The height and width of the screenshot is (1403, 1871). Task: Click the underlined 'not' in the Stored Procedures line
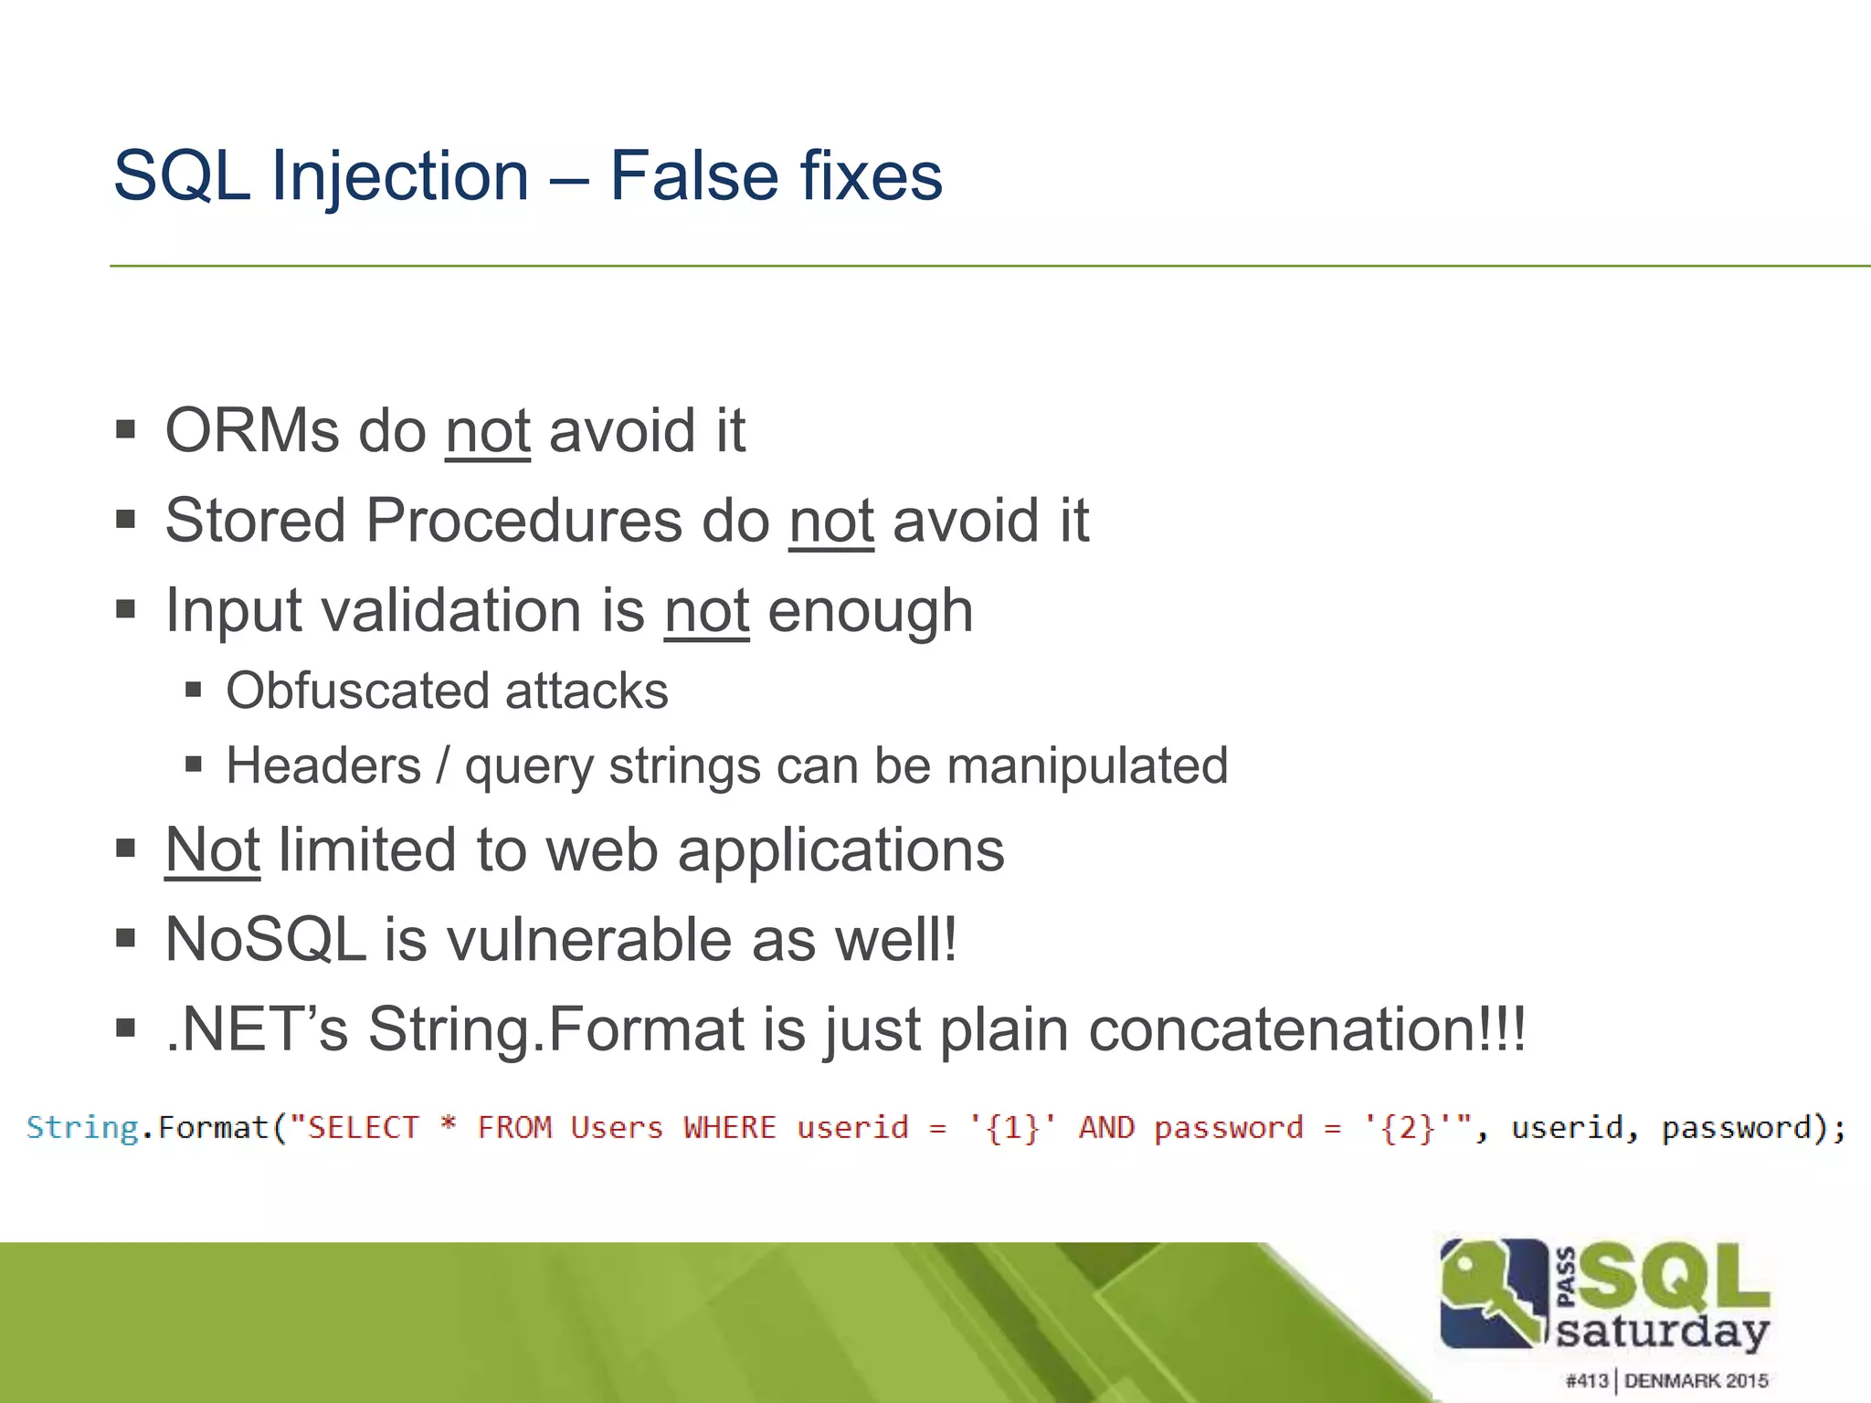[x=831, y=521]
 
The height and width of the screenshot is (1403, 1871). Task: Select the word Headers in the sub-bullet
[x=323, y=765]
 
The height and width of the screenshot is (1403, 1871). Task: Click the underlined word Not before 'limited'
[x=212, y=850]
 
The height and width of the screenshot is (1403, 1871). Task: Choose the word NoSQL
[x=265, y=940]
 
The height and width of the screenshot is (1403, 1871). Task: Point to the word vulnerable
[x=589, y=940]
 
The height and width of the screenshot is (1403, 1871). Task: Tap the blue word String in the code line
[x=82, y=1128]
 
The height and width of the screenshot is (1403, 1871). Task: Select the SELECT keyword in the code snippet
[x=363, y=1128]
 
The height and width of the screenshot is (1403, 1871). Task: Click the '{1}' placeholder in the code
[x=1014, y=1129]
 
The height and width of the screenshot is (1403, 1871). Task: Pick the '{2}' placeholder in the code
[x=1408, y=1129]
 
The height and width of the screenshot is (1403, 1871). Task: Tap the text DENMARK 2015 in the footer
[x=1697, y=1380]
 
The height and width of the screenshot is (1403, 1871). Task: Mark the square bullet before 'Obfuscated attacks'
[x=193, y=690]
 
